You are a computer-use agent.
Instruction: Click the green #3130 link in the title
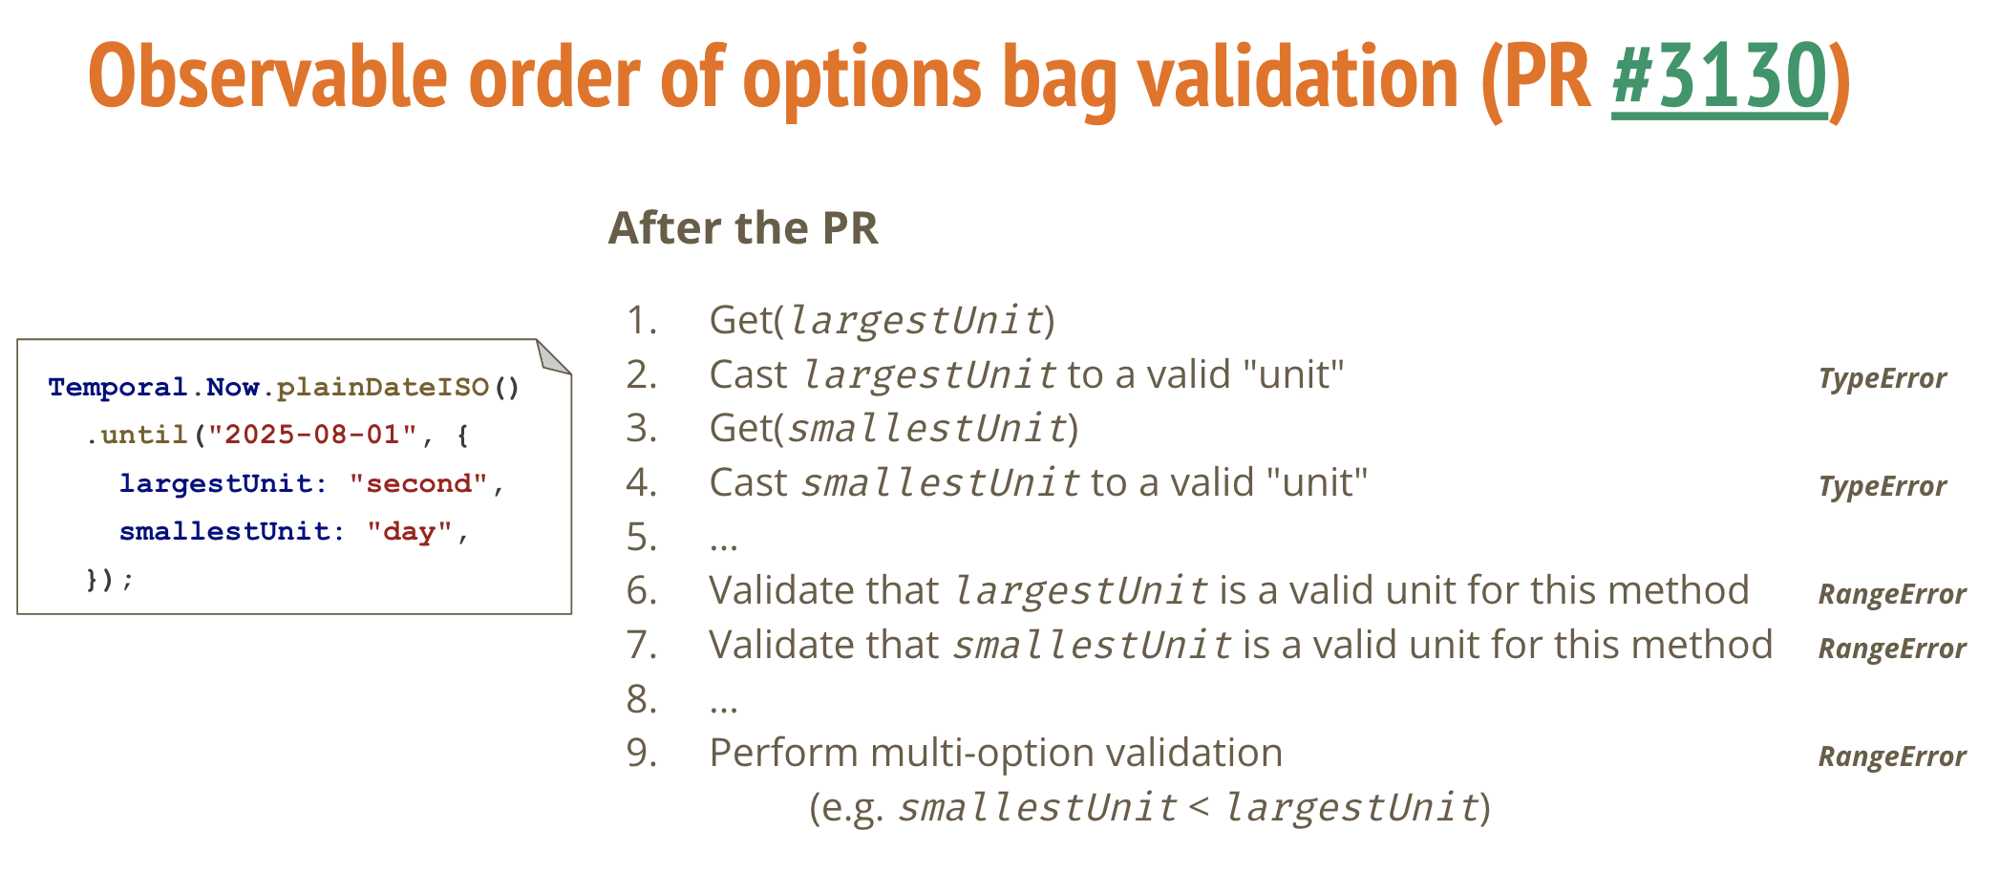point(1719,76)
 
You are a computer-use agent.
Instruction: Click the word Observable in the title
point(268,76)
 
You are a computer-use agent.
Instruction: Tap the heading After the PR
point(743,227)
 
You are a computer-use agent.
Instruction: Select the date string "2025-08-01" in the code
point(313,435)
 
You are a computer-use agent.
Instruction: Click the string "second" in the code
point(418,483)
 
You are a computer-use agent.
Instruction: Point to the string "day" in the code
point(409,531)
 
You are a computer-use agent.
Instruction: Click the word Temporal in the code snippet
point(117,387)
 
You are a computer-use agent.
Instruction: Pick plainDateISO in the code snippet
point(383,387)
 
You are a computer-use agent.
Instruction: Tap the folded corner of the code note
point(552,356)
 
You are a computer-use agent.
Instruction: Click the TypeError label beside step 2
point(1882,379)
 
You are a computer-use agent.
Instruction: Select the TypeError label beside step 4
point(1882,487)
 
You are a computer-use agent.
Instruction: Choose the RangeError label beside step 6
point(1891,594)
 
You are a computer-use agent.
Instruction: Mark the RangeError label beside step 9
point(1891,756)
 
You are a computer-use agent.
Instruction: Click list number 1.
point(642,320)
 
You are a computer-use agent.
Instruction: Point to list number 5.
point(642,537)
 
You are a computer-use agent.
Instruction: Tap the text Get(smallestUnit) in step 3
point(894,429)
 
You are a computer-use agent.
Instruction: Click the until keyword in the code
point(144,435)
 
